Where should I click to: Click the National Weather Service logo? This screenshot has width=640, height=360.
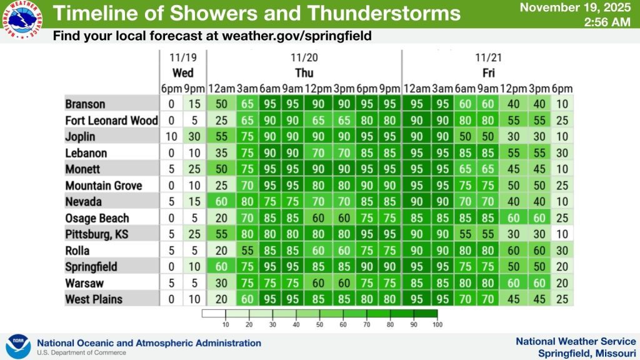coord(22,19)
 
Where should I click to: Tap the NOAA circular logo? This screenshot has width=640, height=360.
coord(18,346)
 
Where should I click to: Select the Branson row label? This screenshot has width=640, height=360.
coord(85,104)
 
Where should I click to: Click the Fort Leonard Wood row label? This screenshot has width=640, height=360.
coord(111,121)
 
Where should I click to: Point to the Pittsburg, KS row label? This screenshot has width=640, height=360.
coord(97,234)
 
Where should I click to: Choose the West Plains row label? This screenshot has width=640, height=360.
coord(94,299)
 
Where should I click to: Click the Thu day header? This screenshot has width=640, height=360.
coord(304,73)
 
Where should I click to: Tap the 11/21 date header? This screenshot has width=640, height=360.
coord(488,57)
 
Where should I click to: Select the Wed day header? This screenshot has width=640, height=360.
coord(182,73)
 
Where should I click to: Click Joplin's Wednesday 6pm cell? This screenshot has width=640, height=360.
coord(171,136)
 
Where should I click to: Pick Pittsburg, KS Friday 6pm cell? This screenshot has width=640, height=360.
coord(562,234)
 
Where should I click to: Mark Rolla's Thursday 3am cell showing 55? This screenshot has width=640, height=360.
coord(247,250)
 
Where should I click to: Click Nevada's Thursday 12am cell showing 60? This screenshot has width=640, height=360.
coord(221,201)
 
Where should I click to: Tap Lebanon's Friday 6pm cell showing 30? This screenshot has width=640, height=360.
coord(562,152)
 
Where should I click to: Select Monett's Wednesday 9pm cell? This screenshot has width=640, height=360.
coord(194,169)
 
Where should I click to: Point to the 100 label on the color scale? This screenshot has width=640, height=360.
coord(437,324)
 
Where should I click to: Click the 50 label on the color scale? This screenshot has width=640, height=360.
coord(319,324)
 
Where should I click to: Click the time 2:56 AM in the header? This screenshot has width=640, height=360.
coord(607,22)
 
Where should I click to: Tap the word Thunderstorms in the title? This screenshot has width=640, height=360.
coord(384,13)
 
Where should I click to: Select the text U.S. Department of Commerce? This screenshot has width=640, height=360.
coord(82,352)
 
